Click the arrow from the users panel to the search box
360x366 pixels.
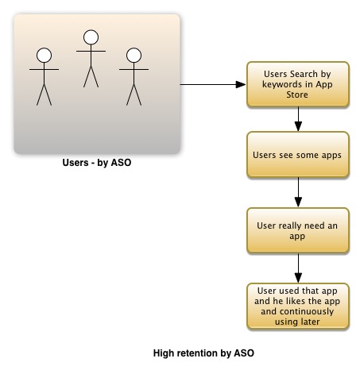[213, 85]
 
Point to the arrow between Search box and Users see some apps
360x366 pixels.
[298, 119]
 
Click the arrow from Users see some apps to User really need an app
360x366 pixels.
[298, 192]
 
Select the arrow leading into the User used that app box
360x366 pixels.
[298, 268]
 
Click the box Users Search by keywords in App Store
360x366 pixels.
[298, 84]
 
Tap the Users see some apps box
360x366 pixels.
[298, 155]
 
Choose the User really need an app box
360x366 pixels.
[298, 230]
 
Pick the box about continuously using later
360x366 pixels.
[298, 306]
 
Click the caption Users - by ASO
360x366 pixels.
[97, 163]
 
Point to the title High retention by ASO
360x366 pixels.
[203, 353]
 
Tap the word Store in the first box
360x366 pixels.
[297, 94]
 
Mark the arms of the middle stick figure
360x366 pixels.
[91, 51]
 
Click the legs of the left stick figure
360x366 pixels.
[44, 94]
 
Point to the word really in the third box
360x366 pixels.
[288, 226]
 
